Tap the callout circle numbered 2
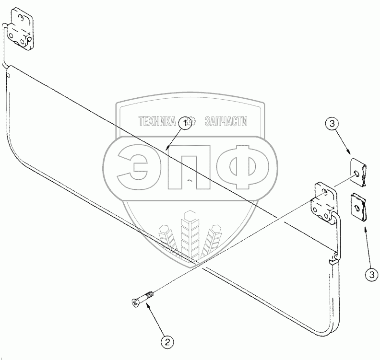click(x=167, y=342)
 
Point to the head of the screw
click(x=134, y=303)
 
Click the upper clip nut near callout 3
click(x=359, y=171)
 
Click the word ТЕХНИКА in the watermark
click(x=157, y=121)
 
